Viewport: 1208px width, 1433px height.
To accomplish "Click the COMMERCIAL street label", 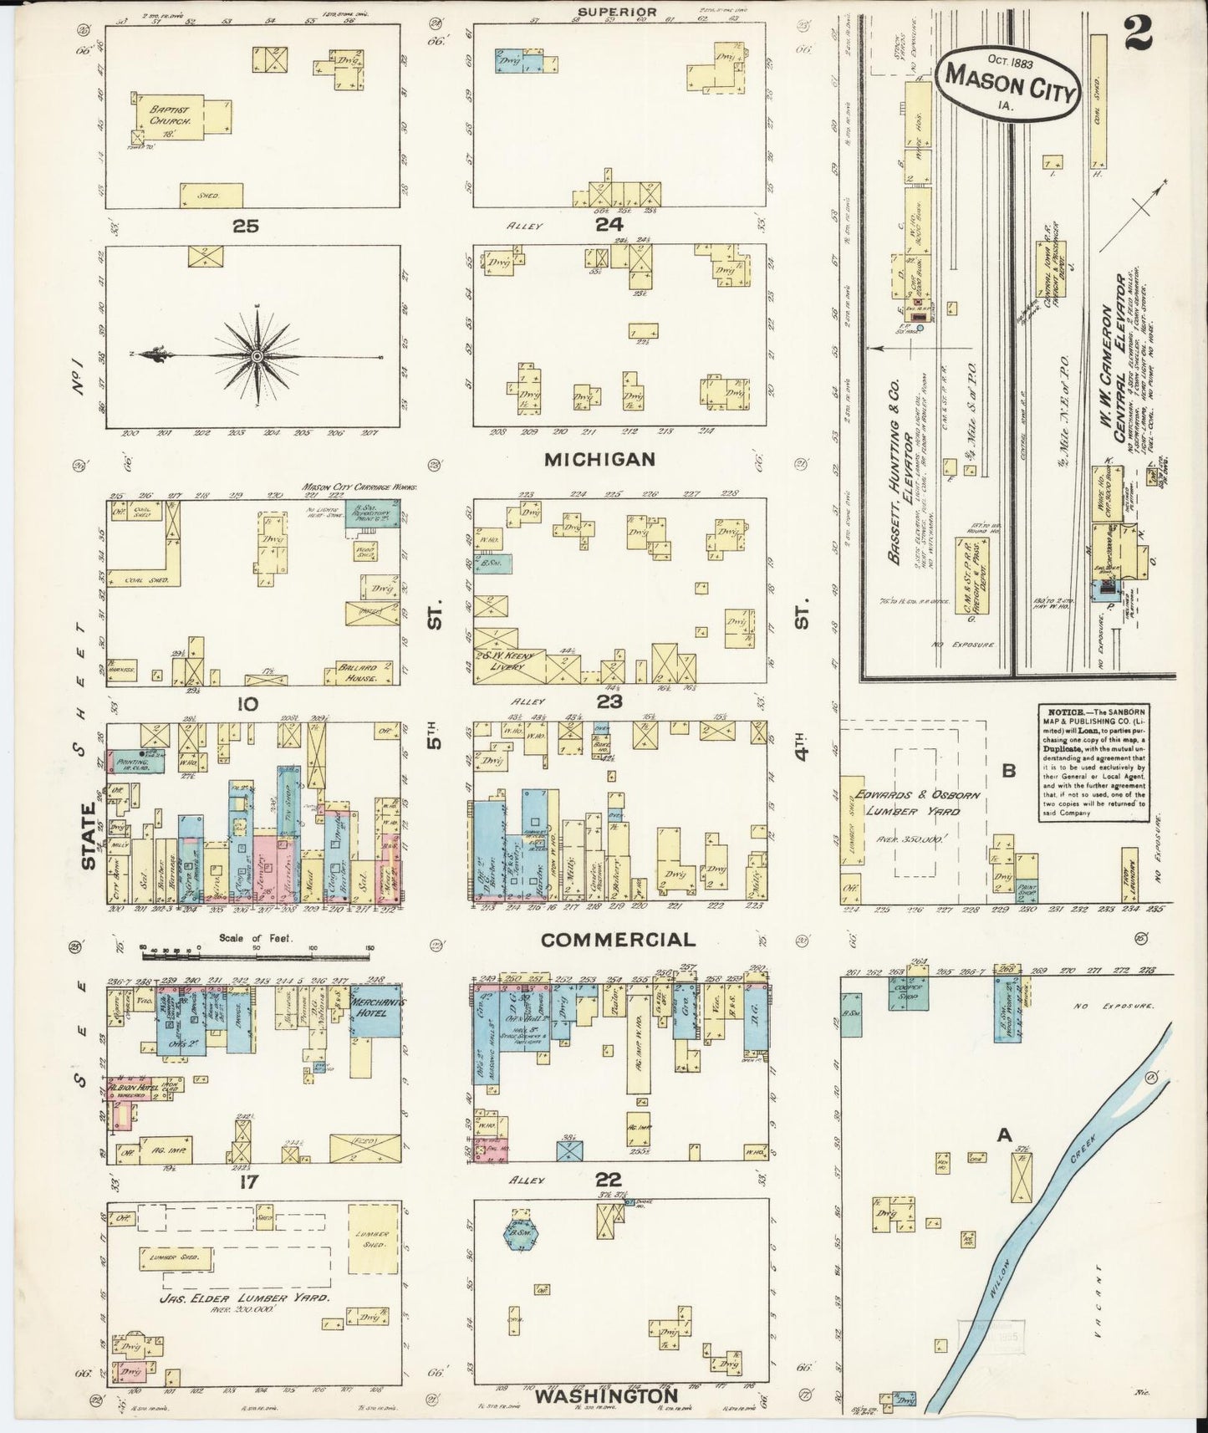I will click(x=618, y=939).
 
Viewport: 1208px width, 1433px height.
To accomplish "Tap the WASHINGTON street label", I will click(x=606, y=1396).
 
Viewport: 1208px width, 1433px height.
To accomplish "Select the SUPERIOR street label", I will click(x=619, y=12).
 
